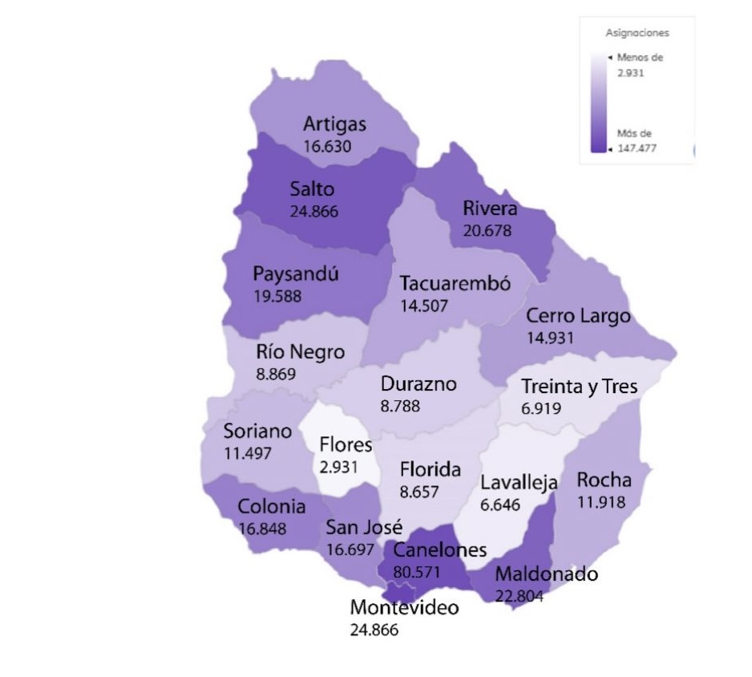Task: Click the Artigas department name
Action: pyautogui.click(x=334, y=124)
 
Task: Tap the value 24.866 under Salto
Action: pyautogui.click(x=313, y=212)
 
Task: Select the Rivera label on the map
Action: pyautogui.click(x=490, y=209)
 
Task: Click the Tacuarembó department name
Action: pyautogui.click(x=455, y=284)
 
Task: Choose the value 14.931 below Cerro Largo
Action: pyautogui.click(x=550, y=337)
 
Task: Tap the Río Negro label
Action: pyautogui.click(x=301, y=352)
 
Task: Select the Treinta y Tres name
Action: pyautogui.click(x=579, y=387)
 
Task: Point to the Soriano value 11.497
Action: pyautogui.click(x=248, y=453)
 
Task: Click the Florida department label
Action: pyautogui.click(x=431, y=469)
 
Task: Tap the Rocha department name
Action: pyautogui.click(x=604, y=481)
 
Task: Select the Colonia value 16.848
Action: pyautogui.click(x=262, y=528)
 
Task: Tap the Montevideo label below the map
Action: pyautogui.click(x=404, y=607)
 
